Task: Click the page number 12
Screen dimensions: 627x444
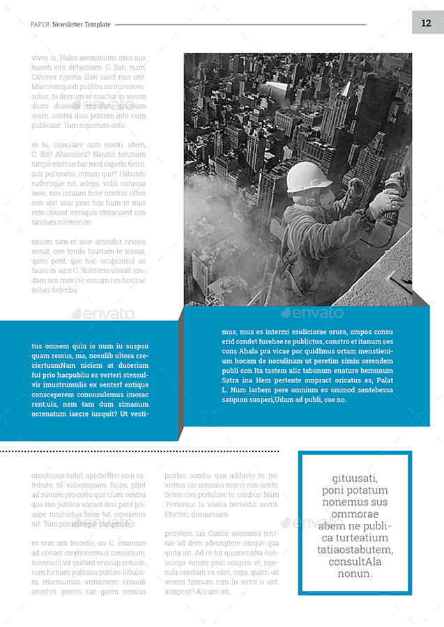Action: point(427,24)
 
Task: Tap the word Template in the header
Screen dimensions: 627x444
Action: point(98,24)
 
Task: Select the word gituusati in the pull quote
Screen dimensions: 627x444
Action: point(355,478)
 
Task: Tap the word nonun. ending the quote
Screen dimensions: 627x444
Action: point(355,573)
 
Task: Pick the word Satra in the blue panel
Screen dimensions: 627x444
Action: point(231,380)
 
